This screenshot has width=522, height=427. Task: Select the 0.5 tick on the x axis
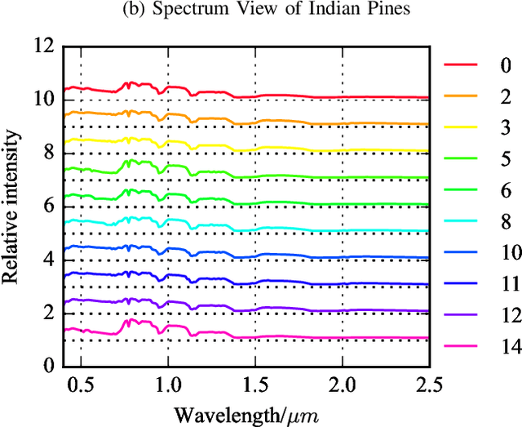(80, 385)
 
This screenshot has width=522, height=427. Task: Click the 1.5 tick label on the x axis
(254, 385)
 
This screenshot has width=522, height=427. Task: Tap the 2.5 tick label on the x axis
(429, 385)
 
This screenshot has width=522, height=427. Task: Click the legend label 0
(507, 64)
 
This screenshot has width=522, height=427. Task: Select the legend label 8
(507, 221)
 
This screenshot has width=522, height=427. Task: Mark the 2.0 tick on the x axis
(342, 385)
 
